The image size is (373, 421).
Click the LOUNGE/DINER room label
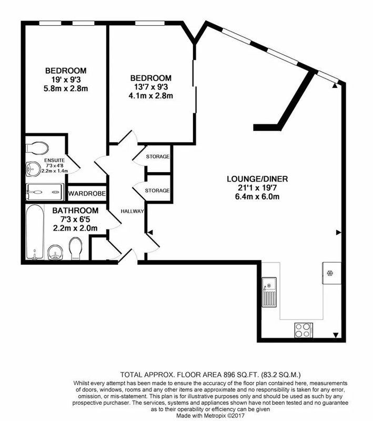(x=257, y=179)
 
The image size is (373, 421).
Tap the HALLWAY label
(x=132, y=212)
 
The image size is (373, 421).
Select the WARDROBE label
(x=87, y=193)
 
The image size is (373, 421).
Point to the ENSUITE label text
(x=55, y=161)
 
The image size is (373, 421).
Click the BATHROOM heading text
(x=75, y=210)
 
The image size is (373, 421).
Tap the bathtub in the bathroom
(x=35, y=232)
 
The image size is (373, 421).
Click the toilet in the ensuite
(x=37, y=148)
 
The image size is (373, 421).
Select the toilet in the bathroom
(x=76, y=248)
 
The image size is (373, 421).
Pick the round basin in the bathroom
(x=56, y=252)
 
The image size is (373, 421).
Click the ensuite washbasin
(x=33, y=168)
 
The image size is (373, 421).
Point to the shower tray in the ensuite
(x=45, y=192)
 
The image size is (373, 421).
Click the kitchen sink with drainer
(x=269, y=292)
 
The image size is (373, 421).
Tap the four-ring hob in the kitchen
(x=304, y=330)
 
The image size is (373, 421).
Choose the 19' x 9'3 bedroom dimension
(x=66, y=79)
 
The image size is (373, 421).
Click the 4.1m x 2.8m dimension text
(x=150, y=96)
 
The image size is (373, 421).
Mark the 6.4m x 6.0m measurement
(x=257, y=196)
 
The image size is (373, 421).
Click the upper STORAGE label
(x=158, y=156)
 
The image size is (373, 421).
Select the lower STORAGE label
(x=157, y=191)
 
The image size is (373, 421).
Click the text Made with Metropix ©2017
(x=210, y=415)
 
